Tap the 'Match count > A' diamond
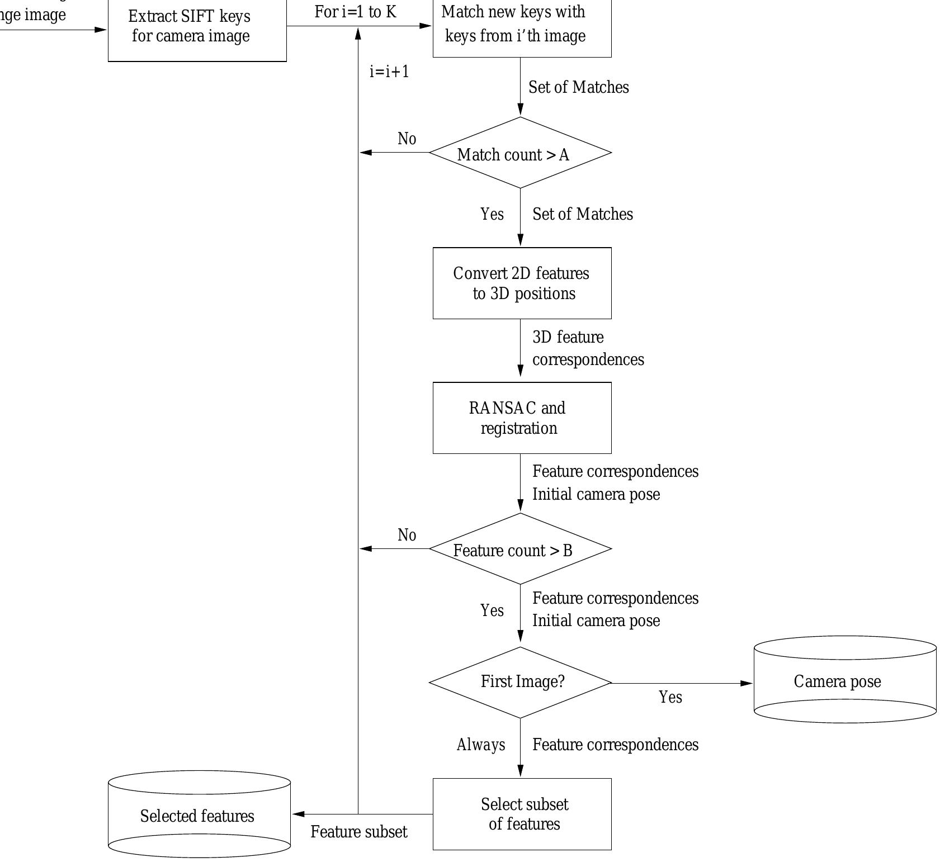(520, 153)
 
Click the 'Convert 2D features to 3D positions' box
(522, 283)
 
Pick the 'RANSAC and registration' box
(522, 418)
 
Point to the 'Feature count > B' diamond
(520, 549)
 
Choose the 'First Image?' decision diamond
(520, 683)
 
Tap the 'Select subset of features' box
(522, 814)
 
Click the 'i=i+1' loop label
(389, 72)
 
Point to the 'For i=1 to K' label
(355, 12)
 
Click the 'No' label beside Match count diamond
(407, 139)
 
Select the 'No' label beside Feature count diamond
(407, 535)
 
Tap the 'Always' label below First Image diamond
(480, 745)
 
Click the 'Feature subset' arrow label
(358, 832)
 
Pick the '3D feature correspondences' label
(587, 348)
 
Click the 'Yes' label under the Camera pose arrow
(670, 697)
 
